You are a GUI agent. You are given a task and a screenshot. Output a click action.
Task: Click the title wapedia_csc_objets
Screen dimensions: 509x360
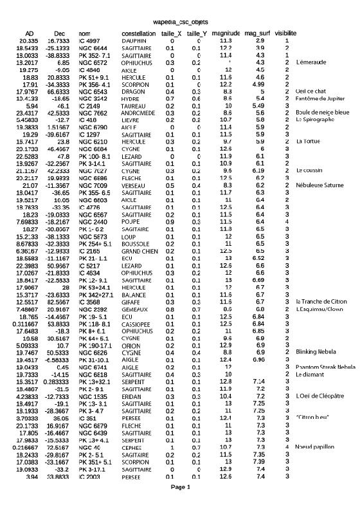point(180,21)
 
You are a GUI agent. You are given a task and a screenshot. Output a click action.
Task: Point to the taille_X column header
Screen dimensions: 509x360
point(170,33)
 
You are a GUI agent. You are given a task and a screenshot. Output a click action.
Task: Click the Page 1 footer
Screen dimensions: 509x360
point(180,487)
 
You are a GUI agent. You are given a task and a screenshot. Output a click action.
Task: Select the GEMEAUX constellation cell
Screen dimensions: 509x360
point(135,291)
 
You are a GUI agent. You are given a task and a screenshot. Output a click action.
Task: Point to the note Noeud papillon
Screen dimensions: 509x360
point(315,446)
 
